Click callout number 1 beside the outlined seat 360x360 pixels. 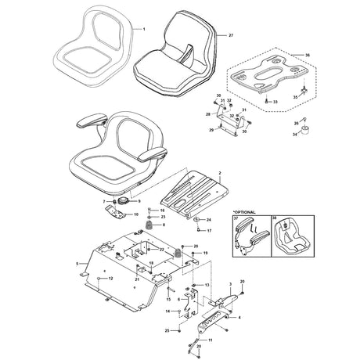[x=143, y=28]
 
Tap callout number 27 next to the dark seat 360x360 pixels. [x=231, y=36]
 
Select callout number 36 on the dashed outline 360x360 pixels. [x=306, y=56]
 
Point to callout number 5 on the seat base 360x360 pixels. [x=77, y=265]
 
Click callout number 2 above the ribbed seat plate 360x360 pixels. [x=221, y=171]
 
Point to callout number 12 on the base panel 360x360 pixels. [x=110, y=279]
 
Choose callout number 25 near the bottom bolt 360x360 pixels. [x=167, y=331]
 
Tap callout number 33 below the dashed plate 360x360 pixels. [x=276, y=102]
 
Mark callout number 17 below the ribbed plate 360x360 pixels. [x=209, y=232]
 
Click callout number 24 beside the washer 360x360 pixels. [x=208, y=220]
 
